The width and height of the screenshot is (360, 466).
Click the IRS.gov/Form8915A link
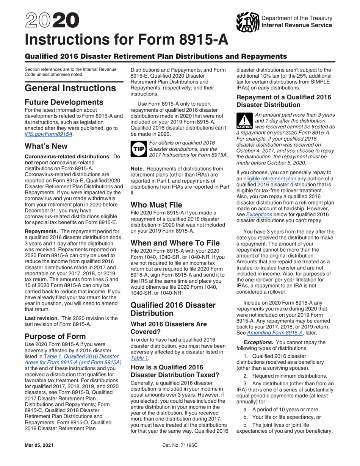(49, 134)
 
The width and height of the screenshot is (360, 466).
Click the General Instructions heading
(70, 88)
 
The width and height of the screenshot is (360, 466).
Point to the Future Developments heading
(63, 102)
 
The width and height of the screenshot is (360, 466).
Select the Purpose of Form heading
(55, 336)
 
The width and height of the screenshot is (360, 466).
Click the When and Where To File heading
(175, 243)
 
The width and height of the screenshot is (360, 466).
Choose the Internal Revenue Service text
(297, 25)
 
